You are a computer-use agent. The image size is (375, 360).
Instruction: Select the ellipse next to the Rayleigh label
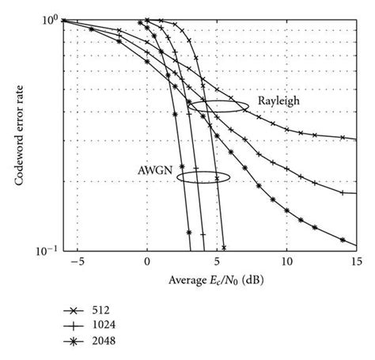(213, 105)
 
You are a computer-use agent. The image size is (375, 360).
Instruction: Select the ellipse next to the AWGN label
(203, 178)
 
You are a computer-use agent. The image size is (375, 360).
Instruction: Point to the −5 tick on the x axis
(75, 261)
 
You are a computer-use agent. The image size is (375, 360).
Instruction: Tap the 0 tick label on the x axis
(147, 261)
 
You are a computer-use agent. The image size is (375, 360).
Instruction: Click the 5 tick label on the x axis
(217, 261)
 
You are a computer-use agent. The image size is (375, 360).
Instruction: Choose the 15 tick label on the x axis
(355, 261)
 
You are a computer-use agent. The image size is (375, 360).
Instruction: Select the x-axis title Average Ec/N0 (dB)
(208, 278)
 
